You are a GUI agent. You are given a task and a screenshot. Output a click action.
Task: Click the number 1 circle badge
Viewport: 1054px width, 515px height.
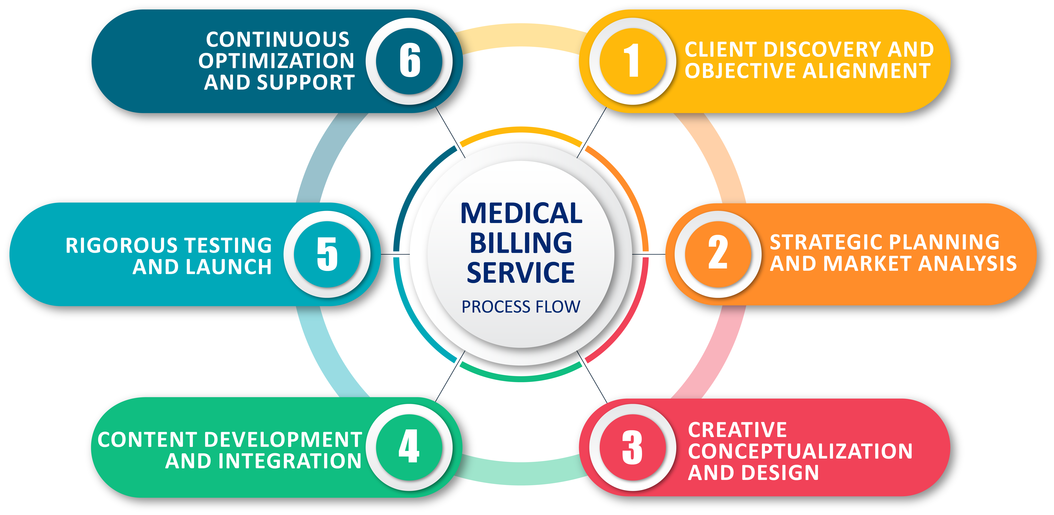633,61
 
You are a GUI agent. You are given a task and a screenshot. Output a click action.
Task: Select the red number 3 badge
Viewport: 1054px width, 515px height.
633,447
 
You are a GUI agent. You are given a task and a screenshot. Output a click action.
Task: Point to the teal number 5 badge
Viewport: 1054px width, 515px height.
327,254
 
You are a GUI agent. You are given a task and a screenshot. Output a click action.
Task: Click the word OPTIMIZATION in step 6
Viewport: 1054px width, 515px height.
277,61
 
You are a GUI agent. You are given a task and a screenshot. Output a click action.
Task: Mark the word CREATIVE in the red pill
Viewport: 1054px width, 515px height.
737,430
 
